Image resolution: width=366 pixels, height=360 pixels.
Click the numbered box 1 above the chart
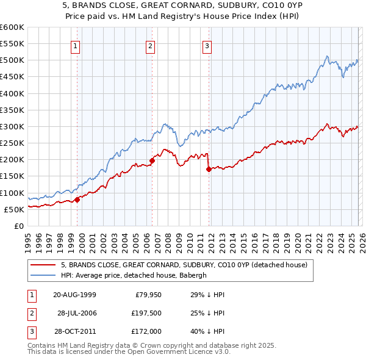pos(76,45)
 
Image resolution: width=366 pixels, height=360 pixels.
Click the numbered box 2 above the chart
pos(150,45)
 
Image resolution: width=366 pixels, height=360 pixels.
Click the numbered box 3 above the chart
pos(207,45)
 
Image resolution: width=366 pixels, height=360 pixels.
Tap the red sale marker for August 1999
pos(77,200)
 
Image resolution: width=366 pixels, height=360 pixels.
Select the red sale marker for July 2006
pos(152,160)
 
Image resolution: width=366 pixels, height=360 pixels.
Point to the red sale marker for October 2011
pos(209,169)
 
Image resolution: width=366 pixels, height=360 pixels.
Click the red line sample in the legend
pos(43,264)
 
